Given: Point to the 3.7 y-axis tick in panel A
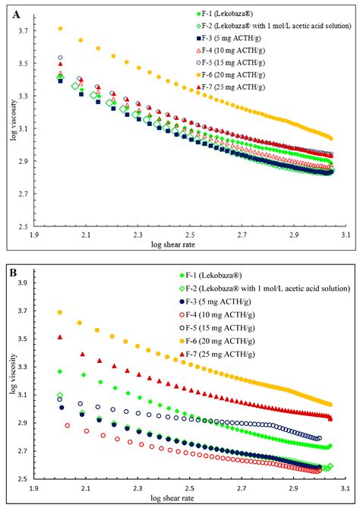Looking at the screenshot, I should [x=27, y=31].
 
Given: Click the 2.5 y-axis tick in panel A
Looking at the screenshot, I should [x=27, y=226].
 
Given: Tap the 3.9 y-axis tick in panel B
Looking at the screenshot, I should [x=27, y=282].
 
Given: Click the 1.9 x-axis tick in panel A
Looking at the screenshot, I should [x=33, y=235].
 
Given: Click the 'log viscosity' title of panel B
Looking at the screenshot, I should [x=13, y=380].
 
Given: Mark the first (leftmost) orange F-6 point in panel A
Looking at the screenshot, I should [x=60, y=29].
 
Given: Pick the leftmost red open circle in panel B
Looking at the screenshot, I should [x=68, y=426].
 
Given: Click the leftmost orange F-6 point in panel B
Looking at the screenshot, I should [x=60, y=312].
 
